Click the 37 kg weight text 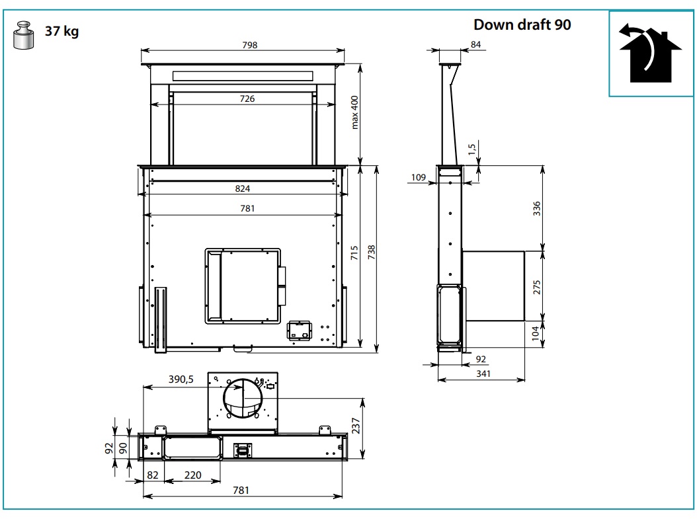pyautogui.click(x=61, y=31)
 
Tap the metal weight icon pyautogui.click(x=24, y=34)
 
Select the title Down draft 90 pyautogui.click(x=522, y=24)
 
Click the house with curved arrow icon pyautogui.click(x=650, y=52)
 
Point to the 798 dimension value pyautogui.click(x=250, y=45)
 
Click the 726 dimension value pyautogui.click(x=247, y=99)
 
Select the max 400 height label pyautogui.click(x=354, y=112)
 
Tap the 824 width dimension pyautogui.click(x=242, y=188)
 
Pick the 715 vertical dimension pyautogui.click(x=354, y=253)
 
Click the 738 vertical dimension pyautogui.click(x=372, y=253)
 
